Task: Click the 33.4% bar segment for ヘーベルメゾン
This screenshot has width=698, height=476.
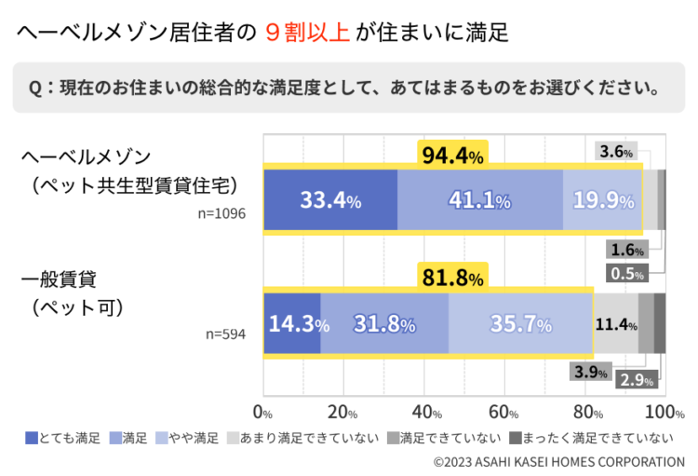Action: [x=330, y=199]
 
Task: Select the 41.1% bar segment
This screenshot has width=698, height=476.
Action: [x=479, y=199]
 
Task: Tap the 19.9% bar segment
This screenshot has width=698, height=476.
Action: [x=603, y=199]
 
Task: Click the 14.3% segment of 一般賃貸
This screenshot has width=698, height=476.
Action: [x=292, y=324]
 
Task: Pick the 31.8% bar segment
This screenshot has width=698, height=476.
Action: [x=384, y=324]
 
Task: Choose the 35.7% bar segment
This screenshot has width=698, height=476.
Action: [x=520, y=324]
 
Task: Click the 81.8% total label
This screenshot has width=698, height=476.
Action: [x=452, y=278]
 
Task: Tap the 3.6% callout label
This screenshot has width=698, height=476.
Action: [x=616, y=151]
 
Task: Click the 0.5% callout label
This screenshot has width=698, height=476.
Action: [x=627, y=273]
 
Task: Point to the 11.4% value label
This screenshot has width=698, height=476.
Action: [x=616, y=324]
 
